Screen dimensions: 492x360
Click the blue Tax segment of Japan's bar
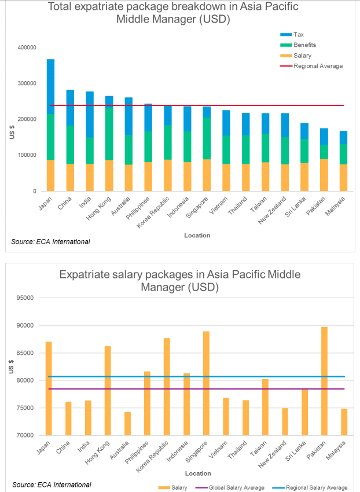coord(51,87)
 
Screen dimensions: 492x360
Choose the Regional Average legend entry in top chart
coord(318,66)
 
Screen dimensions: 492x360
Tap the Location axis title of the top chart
coord(197,236)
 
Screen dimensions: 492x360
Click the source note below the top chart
coord(51,241)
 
